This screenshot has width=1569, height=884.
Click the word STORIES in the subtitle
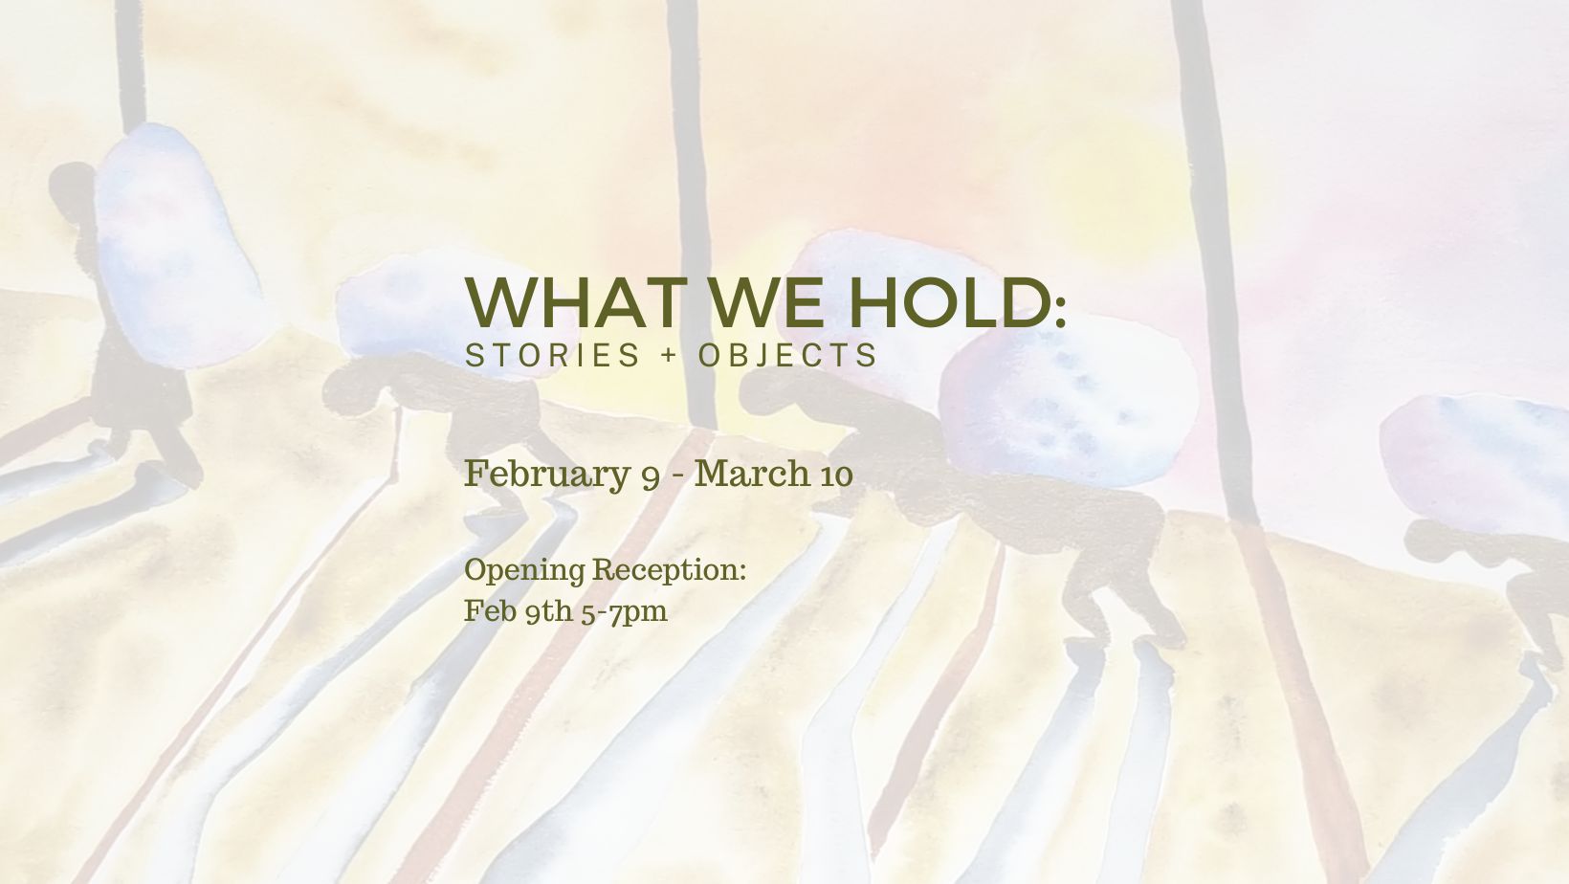pyautogui.click(x=553, y=355)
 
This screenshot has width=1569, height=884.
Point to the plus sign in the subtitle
pyautogui.click(x=669, y=356)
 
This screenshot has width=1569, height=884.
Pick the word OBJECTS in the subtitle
pyautogui.click(x=787, y=355)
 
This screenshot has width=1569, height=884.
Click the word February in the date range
pyautogui.click(x=547, y=475)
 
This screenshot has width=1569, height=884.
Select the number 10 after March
pyautogui.click(x=835, y=475)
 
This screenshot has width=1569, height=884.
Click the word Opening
pyautogui.click(x=524, y=570)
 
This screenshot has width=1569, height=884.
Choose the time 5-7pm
pyautogui.click(x=624, y=612)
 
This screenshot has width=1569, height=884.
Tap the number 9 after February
pyautogui.click(x=650, y=477)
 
